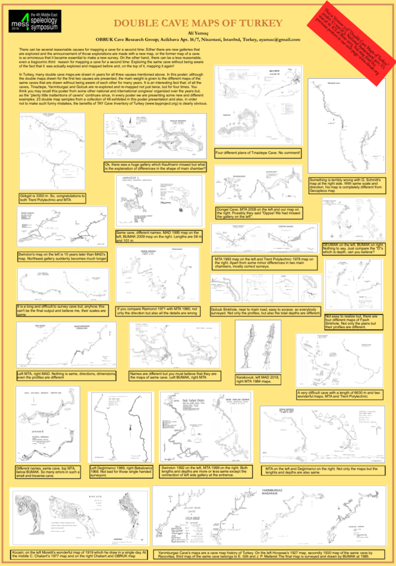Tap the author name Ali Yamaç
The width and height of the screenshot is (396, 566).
pos(198,34)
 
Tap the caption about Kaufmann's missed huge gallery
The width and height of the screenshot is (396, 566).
pos(156,166)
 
